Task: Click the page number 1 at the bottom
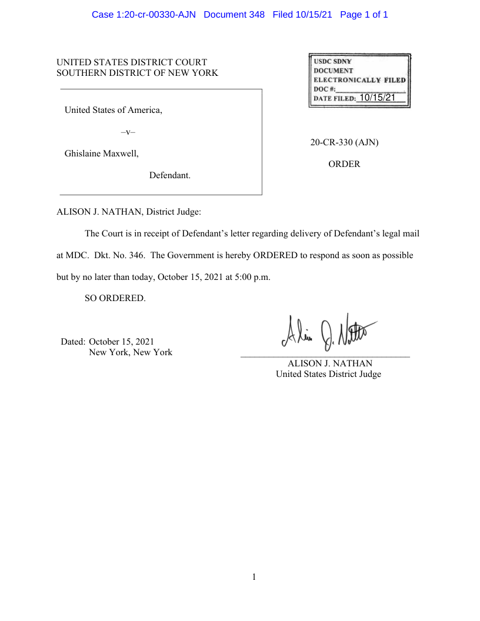tap(254, 577)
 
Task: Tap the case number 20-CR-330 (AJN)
tap(344, 142)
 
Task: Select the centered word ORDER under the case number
tap(344, 164)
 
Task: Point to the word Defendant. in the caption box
tap(169, 175)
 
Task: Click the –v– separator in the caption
tap(128, 132)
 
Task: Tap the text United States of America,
tap(113, 110)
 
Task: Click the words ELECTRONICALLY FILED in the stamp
tap(359, 79)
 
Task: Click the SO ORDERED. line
tap(115, 298)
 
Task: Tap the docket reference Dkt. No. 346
tap(118, 255)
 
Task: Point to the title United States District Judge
tap(328, 374)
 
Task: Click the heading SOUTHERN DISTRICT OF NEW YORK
tap(137, 73)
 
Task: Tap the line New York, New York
tap(131, 352)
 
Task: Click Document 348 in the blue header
tap(234, 14)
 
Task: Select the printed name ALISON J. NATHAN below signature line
tap(329, 363)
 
